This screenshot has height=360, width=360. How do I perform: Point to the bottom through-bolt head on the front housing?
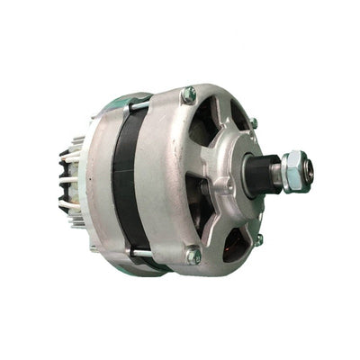pos(193,256)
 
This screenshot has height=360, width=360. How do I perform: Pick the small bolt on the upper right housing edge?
pos(254,122)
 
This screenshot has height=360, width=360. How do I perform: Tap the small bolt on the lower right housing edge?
pos(258,239)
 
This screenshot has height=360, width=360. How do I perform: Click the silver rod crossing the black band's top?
pos(140,106)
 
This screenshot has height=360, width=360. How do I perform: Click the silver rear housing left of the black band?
pos(97,180)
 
